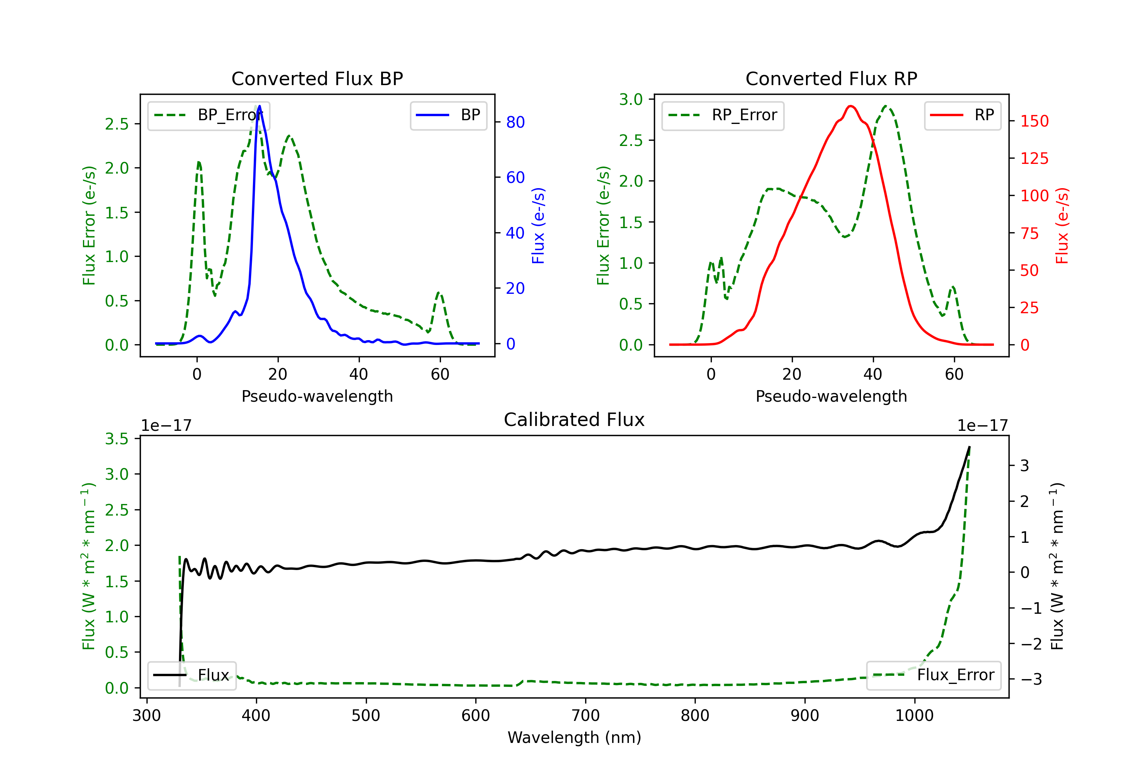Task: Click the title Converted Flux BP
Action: point(317,78)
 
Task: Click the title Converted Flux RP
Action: point(831,78)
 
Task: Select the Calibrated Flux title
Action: point(574,420)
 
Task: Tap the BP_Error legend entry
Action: point(209,115)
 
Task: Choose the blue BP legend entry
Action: point(448,115)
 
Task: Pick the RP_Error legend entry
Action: point(723,115)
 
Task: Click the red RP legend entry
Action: point(962,115)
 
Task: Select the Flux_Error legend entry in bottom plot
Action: point(933,675)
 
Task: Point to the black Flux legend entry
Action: point(191,675)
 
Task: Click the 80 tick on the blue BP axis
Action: point(515,122)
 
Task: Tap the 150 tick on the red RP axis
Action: point(1034,121)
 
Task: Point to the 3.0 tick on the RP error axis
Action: point(631,100)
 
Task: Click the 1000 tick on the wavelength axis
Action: point(914,716)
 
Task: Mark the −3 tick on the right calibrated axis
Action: point(1031,679)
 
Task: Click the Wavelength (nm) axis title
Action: point(574,738)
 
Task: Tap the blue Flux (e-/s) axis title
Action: point(538,226)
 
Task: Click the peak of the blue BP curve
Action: point(259,106)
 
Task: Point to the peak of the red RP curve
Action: point(850,106)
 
